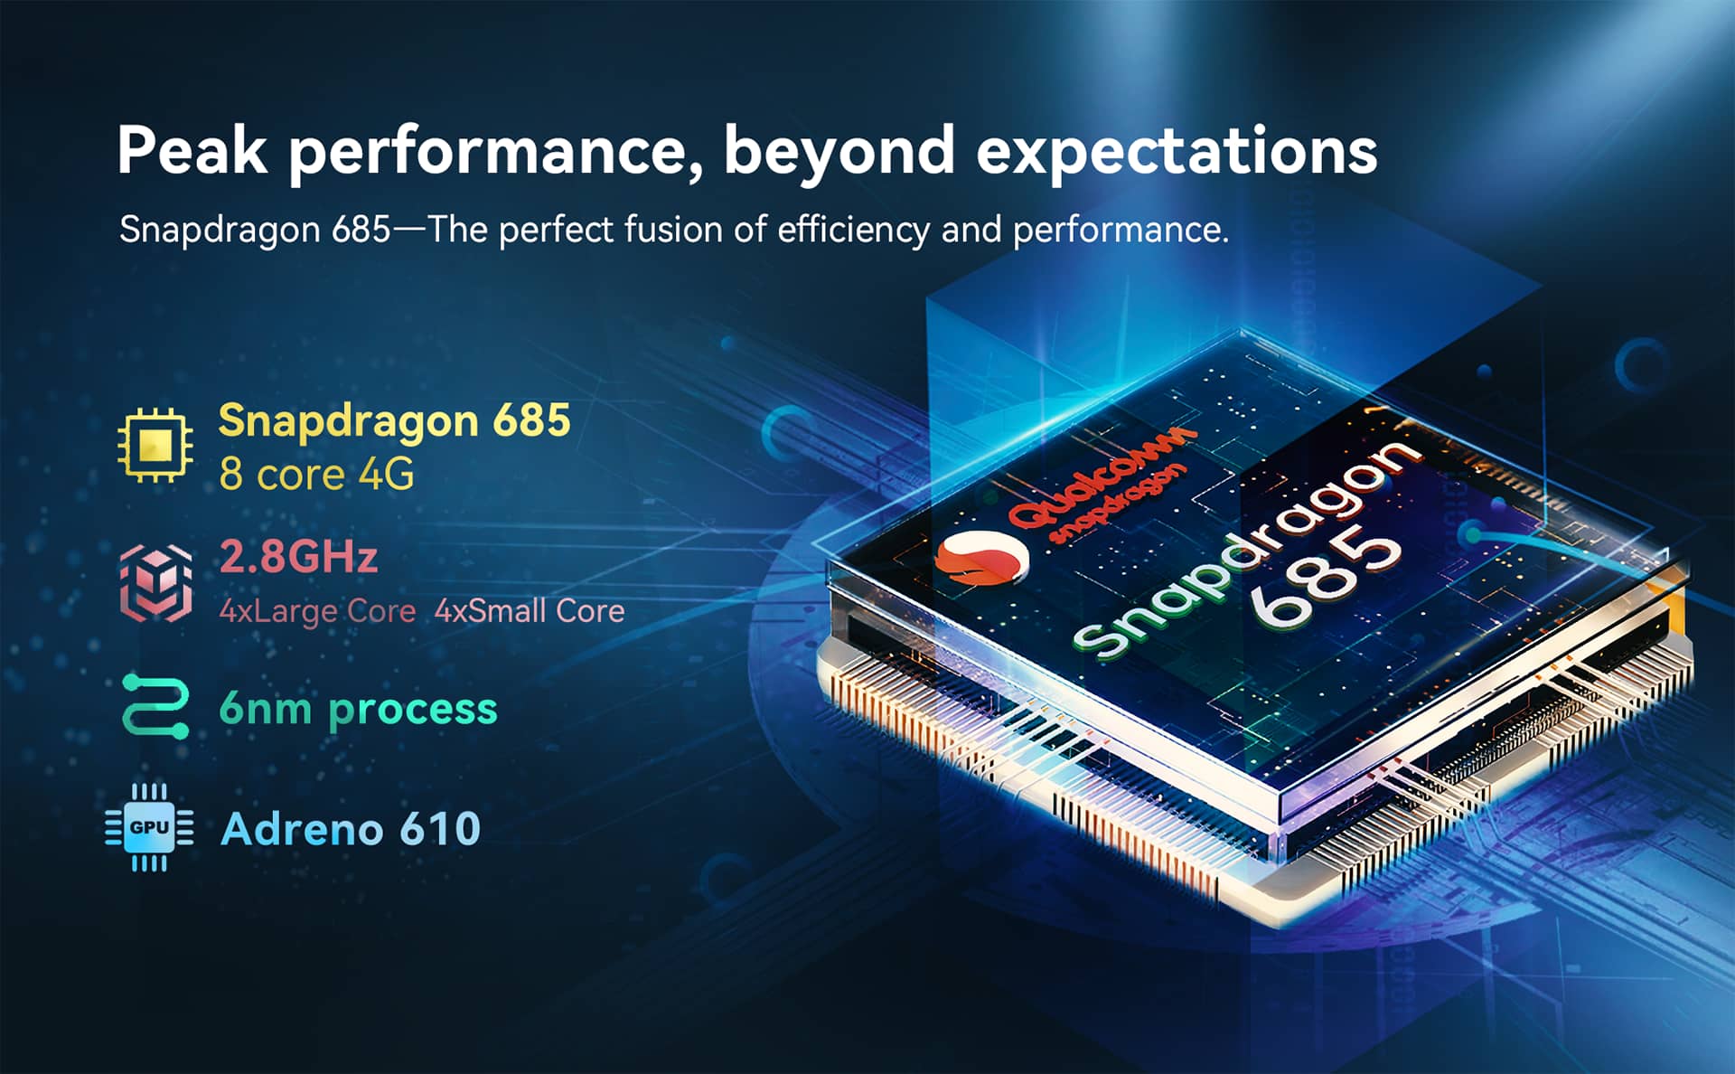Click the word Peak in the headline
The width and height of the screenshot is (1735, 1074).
point(192,150)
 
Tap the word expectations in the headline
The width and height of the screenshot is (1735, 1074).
point(1177,152)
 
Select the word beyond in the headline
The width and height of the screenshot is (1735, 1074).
point(839,152)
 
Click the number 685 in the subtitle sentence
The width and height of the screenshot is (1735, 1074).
point(361,230)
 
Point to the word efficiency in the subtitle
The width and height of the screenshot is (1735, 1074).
point(853,231)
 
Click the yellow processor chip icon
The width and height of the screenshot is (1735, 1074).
point(155,445)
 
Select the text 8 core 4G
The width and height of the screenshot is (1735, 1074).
point(317,475)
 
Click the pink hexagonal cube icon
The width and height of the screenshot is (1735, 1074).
point(155,583)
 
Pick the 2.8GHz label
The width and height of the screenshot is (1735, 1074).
point(298,557)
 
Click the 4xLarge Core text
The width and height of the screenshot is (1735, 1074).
point(317,612)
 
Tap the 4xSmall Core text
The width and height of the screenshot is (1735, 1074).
point(530,611)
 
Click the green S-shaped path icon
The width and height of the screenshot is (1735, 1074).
point(155,706)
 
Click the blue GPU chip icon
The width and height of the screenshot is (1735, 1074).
point(149,827)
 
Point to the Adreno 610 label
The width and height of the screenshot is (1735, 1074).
point(351,829)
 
